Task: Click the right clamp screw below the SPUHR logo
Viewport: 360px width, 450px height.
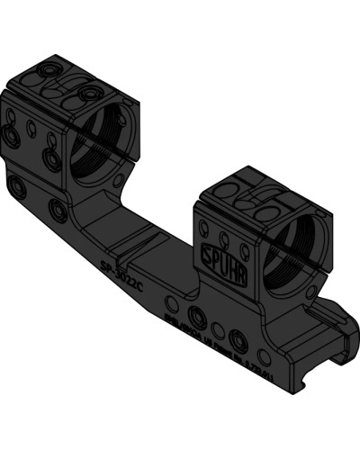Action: [x=239, y=341]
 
